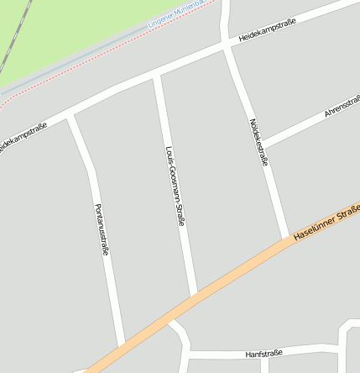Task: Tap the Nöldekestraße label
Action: point(258,141)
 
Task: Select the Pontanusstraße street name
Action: point(102,229)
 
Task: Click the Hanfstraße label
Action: point(263,355)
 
